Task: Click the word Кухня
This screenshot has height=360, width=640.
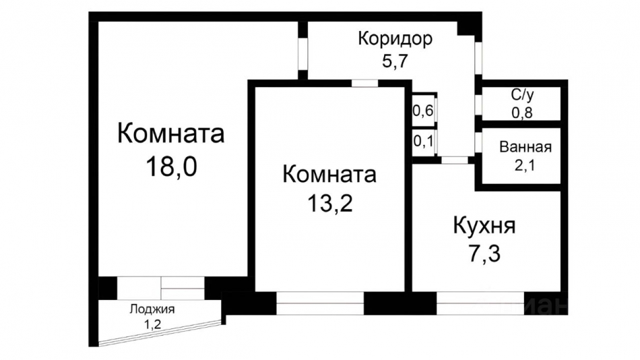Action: [484, 226]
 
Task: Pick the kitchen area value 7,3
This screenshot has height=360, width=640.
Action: [484, 255]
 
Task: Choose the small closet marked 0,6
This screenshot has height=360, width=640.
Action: [422, 111]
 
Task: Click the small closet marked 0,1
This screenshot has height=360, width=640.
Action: [422, 141]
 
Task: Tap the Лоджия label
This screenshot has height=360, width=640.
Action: [152, 309]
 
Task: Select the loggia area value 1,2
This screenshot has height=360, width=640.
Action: [152, 324]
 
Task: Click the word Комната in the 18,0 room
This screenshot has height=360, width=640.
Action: [170, 133]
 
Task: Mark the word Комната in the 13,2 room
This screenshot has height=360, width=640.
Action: [329, 175]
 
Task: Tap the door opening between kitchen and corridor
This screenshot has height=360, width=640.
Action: [456, 160]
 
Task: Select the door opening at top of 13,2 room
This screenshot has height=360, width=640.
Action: [364, 84]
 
